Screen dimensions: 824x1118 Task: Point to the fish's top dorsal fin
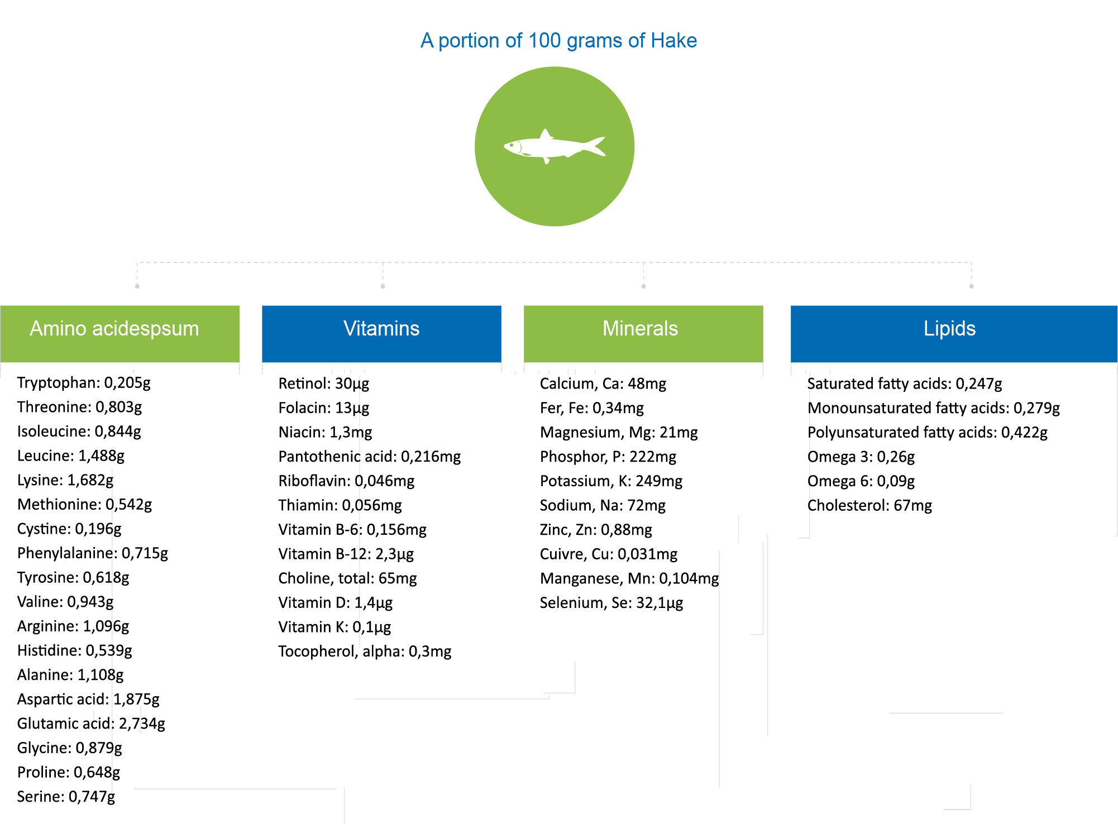546,135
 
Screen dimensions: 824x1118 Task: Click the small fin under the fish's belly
547,160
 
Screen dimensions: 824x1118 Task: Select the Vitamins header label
381,329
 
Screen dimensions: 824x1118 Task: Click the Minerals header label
640,329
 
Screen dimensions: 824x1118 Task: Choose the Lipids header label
949,329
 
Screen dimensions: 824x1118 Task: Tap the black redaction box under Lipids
933,445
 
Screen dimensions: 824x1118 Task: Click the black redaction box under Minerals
629,494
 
